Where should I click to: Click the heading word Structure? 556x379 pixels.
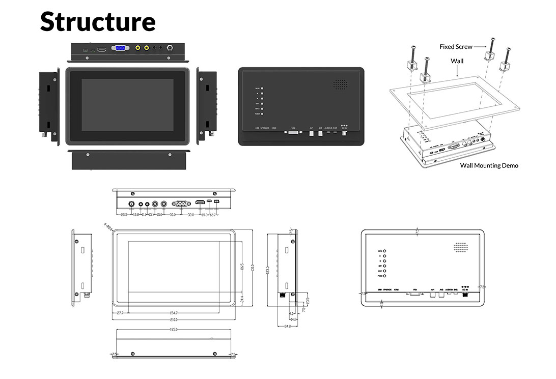click(x=98, y=21)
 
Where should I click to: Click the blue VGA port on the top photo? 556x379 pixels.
click(x=120, y=48)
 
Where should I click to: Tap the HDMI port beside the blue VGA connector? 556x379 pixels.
click(x=102, y=49)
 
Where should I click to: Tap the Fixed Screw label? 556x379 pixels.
click(x=455, y=47)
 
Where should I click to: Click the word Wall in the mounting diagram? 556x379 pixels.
click(x=457, y=61)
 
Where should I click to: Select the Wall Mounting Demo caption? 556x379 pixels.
click(x=489, y=165)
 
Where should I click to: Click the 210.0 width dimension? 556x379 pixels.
click(x=174, y=320)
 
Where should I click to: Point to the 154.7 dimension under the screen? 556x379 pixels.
click(x=174, y=313)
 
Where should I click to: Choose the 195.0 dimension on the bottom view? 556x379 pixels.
click(x=173, y=330)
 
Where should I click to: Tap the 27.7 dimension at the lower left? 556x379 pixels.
click(x=120, y=313)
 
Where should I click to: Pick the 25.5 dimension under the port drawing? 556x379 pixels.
click(x=124, y=215)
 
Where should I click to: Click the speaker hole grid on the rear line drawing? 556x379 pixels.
click(x=460, y=247)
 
